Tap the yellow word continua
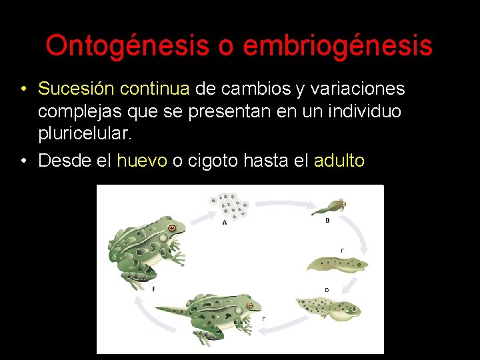155,89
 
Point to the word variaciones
357,89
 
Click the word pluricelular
85,133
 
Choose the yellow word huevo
142,161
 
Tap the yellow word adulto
339,160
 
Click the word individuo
364,111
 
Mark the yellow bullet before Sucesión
23,89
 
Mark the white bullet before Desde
23,161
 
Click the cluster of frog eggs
229,206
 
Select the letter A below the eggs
225,223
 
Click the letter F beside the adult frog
154,289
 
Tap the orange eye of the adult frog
172,228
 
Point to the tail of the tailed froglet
172,310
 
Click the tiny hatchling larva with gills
329,207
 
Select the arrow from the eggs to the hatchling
285,203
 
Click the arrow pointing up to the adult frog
151,315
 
